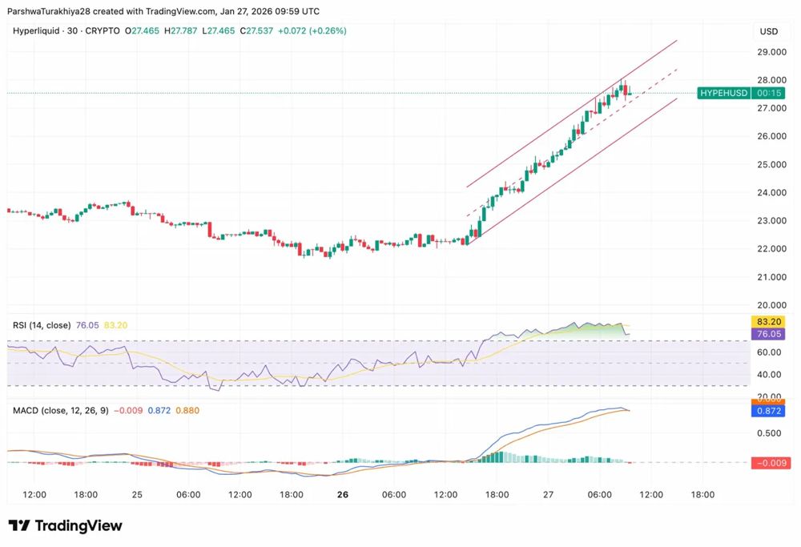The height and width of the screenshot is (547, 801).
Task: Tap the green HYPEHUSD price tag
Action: point(723,93)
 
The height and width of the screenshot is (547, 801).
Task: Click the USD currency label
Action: point(768,31)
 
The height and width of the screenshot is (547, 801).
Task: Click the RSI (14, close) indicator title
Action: point(41,325)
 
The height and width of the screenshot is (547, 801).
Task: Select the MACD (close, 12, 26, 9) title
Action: point(60,410)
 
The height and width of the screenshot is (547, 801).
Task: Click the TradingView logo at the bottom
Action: point(66,525)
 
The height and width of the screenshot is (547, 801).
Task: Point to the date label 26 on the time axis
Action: point(343,495)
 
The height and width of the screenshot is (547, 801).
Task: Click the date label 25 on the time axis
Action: point(137,495)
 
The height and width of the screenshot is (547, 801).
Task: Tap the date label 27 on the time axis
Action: point(548,495)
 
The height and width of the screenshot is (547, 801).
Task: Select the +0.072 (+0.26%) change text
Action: point(307,30)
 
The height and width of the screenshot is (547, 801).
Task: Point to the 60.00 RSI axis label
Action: point(768,352)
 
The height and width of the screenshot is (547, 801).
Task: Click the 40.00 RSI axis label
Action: point(768,374)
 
